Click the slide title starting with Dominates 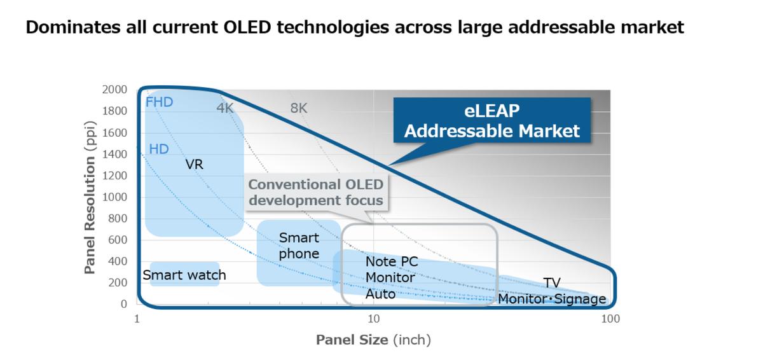coord(355,28)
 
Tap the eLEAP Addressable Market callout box coord(492,121)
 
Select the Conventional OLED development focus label coord(316,192)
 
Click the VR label coord(194,164)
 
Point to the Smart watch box coord(184,275)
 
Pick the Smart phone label coord(299,246)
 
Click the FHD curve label coord(159,102)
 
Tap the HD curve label coord(158,149)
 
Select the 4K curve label coord(225,107)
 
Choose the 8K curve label coord(299,107)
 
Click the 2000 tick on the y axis coord(114,90)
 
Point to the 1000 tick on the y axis coord(114,197)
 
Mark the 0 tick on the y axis coord(124,304)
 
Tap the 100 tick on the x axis coord(610,319)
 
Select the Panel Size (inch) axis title coord(373,340)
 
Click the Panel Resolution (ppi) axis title coord(90,197)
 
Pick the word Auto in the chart coord(380,294)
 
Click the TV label coord(552,283)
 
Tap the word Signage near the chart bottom coord(580,298)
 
